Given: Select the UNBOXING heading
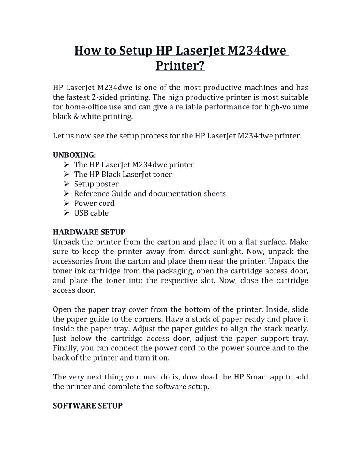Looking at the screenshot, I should click(x=73, y=155).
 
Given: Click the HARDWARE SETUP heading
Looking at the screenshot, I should click(x=89, y=232).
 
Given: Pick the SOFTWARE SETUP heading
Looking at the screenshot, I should click(x=87, y=405).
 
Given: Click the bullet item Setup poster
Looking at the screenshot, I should click(x=96, y=184).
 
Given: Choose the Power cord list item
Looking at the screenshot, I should click(x=94, y=203).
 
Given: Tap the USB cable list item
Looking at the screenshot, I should click(x=91, y=213).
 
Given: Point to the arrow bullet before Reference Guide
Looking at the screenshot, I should click(x=66, y=193).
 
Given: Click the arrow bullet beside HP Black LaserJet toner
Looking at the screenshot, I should click(x=66, y=174).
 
